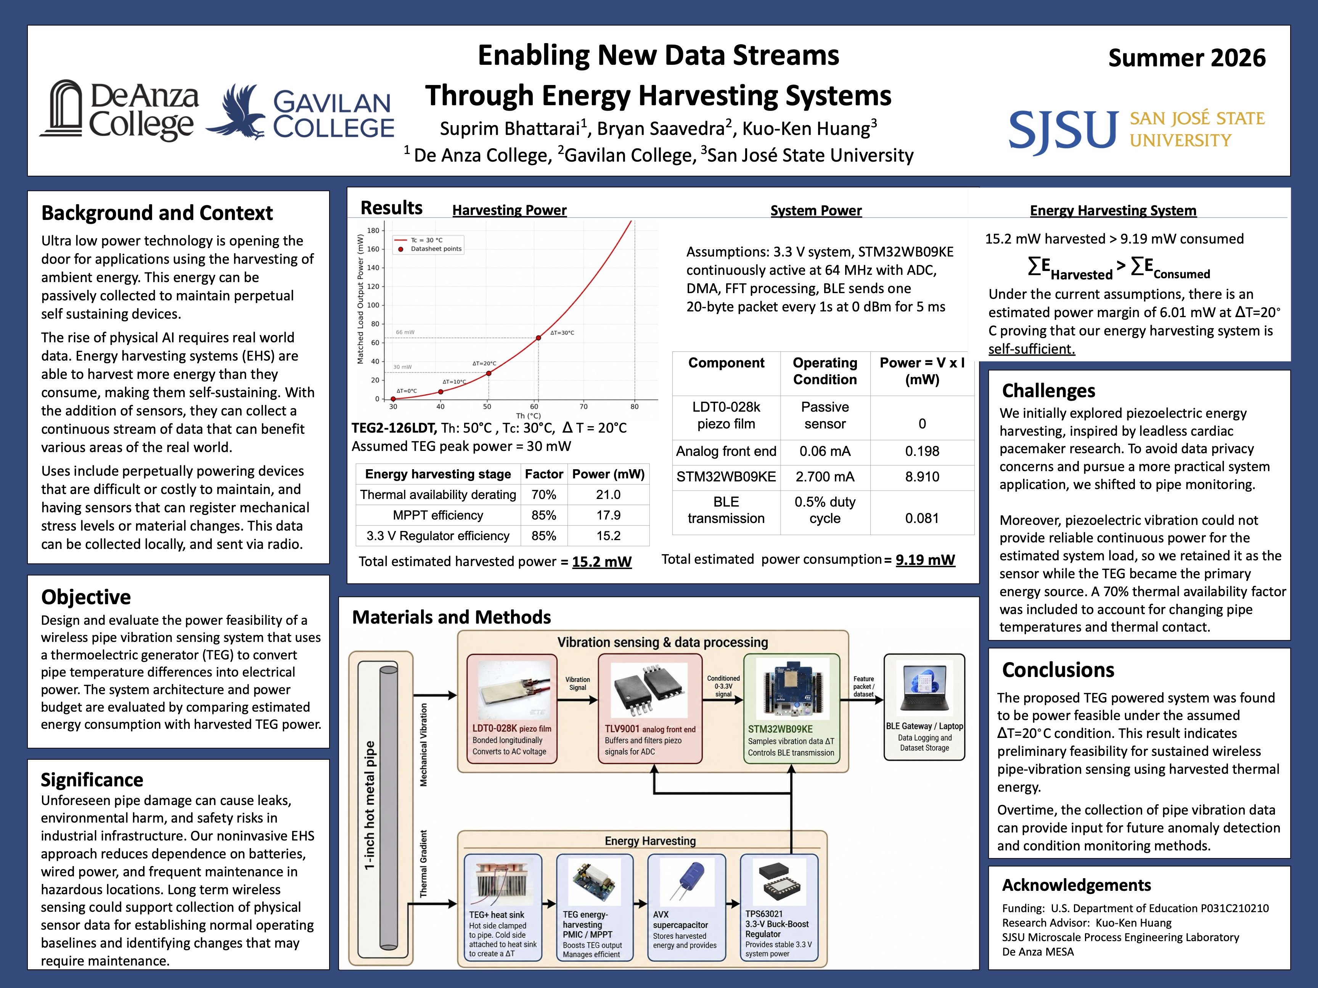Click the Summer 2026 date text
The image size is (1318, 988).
tap(1187, 58)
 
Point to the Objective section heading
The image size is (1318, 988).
tap(86, 597)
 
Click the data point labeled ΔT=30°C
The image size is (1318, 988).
tap(538, 338)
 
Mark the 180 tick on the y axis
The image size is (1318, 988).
tap(373, 231)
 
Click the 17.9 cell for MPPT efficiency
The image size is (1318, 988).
tap(608, 515)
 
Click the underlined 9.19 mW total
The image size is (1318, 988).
tap(925, 560)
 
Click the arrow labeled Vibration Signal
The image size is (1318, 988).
tap(577, 700)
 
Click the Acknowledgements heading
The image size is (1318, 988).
tap(1076, 885)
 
